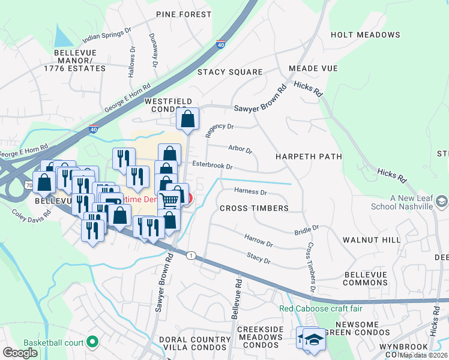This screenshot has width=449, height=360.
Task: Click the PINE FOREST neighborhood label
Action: coord(184,14)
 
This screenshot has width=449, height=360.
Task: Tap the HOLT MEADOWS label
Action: coord(365,35)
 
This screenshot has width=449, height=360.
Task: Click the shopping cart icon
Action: coord(170,200)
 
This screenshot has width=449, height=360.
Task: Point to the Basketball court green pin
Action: coord(92,343)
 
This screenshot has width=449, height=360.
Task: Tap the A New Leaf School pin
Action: coord(442,202)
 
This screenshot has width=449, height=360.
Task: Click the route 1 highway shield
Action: coord(190,255)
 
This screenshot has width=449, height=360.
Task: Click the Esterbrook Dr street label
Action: coord(212,165)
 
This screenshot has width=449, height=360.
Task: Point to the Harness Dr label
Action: coord(250,192)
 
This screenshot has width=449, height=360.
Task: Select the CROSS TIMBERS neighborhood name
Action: coord(254,208)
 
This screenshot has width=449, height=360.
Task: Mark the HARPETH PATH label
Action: coord(309,156)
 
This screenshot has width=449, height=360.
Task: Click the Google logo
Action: coord(20,353)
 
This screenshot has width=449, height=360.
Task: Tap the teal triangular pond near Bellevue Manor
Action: coord(62,37)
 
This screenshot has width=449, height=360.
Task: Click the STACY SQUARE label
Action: coord(230,72)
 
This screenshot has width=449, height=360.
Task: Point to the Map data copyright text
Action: coord(424,355)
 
